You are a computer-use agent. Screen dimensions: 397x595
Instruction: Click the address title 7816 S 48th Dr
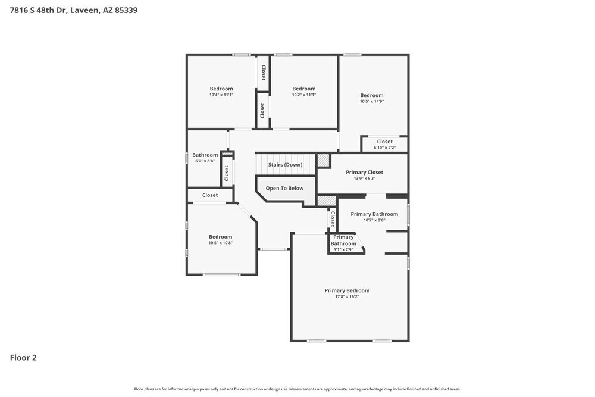[x=74, y=10]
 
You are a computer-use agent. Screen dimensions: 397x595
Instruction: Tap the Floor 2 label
[x=23, y=358]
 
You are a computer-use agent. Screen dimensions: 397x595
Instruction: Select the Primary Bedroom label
[x=347, y=290]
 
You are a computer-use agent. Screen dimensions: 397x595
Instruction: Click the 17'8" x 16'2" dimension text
[x=347, y=296]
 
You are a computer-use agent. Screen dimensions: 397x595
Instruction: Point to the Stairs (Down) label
[x=285, y=165]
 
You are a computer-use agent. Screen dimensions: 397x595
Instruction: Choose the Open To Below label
[x=284, y=188]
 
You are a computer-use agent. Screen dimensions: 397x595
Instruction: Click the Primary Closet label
[x=365, y=172]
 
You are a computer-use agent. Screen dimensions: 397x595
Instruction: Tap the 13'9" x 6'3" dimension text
[x=365, y=178]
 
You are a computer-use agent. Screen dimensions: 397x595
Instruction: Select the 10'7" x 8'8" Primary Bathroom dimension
[x=374, y=220]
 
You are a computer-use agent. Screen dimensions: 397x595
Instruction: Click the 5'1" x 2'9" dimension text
[x=343, y=249]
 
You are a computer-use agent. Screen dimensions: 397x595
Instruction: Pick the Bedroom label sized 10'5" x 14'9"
[x=372, y=95]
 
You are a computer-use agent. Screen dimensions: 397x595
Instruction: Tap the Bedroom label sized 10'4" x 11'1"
[x=221, y=89]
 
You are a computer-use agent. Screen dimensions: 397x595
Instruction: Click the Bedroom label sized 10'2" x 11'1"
[x=303, y=89]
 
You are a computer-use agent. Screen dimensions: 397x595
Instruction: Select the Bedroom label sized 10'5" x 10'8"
[x=220, y=237]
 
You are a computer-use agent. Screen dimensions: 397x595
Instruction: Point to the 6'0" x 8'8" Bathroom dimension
[x=205, y=161]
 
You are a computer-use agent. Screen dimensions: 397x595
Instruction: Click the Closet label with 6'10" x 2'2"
[x=384, y=142]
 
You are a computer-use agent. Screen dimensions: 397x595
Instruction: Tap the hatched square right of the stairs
[x=322, y=160]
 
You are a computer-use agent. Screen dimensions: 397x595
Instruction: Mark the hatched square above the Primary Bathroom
[x=327, y=201]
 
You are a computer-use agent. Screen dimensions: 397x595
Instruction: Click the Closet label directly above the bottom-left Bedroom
[x=210, y=195]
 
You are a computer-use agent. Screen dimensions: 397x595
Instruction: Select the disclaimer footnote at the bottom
[x=297, y=389]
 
